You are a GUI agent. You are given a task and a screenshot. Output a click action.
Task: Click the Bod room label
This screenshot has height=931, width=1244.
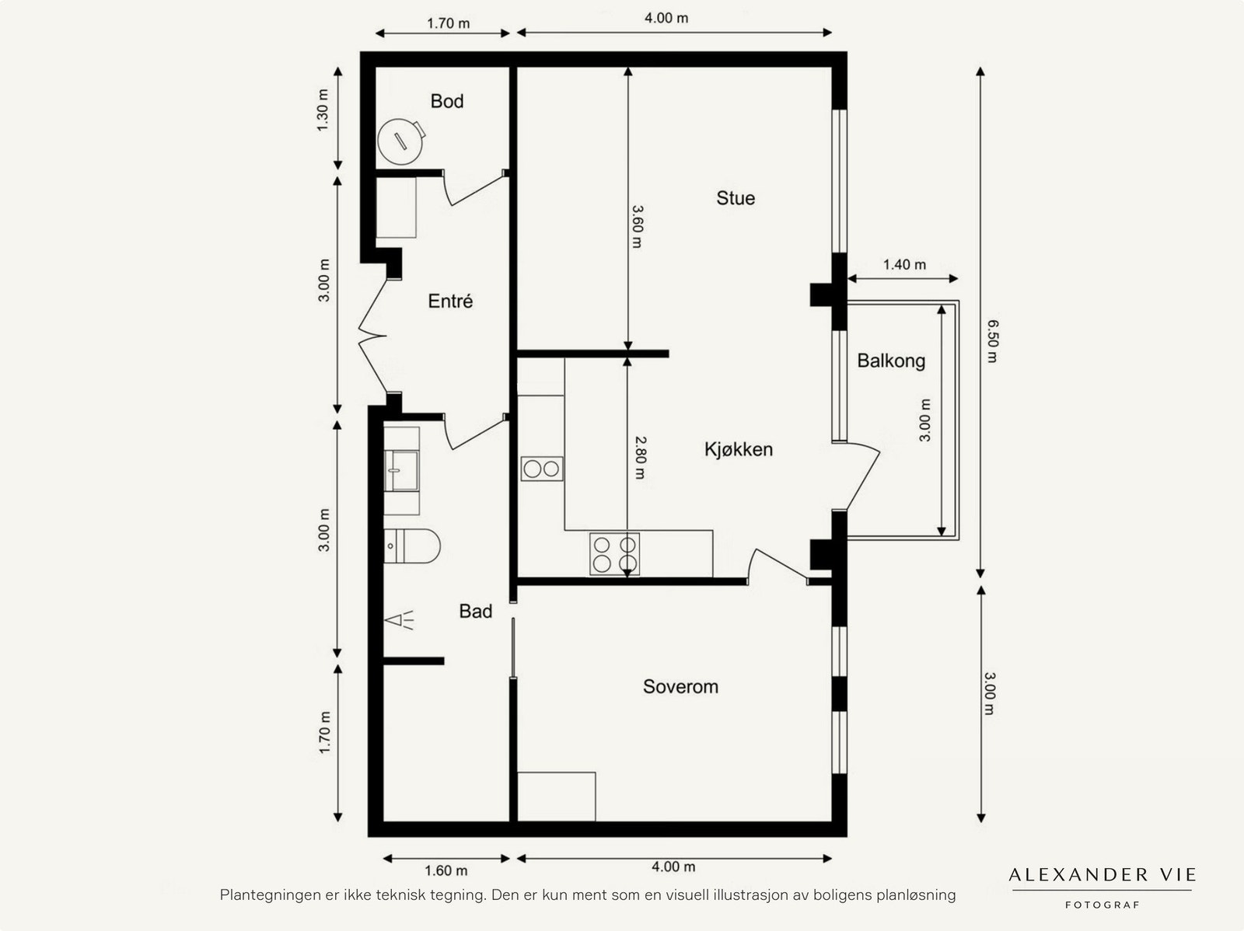(x=447, y=101)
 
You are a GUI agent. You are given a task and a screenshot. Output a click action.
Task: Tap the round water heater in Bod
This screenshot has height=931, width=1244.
(x=400, y=141)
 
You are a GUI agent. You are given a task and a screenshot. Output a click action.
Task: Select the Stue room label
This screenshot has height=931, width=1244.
(x=736, y=198)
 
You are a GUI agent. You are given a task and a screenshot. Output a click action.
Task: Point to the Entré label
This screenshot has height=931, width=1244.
(x=450, y=302)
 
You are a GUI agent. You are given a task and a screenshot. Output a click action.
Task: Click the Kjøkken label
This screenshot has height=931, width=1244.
(x=739, y=449)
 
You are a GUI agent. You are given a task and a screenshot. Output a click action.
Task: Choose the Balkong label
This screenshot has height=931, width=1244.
(x=891, y=361)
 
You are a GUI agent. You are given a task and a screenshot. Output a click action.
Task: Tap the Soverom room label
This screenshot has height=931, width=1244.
(x=680, y=687)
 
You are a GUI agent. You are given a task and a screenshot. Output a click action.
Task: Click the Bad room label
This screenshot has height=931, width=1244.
(x=475, y=612)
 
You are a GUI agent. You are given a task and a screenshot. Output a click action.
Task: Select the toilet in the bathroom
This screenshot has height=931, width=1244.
(x=412, y=546)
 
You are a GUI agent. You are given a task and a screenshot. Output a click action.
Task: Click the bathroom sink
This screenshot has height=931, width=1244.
(x=402, y=471)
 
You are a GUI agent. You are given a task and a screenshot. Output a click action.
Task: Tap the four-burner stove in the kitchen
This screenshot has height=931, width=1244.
(x=614, y=554)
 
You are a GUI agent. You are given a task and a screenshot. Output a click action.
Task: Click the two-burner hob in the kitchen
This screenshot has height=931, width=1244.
(x=542, y=469)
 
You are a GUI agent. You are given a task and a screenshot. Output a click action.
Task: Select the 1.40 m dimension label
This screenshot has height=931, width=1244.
(x=904, y=265)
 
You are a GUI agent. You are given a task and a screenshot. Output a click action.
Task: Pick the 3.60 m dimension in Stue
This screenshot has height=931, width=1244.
(x=637, y=226)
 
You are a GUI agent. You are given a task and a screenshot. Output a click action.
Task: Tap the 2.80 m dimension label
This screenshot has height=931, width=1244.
(x=639, y=457)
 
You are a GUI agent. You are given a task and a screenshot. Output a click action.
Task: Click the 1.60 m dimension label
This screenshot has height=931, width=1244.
(x=446, y=870)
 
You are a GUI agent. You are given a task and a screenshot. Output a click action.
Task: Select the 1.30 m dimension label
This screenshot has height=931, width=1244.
(x=323, y=110)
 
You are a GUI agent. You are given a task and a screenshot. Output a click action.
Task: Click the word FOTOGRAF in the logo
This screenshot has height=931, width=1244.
(x=1102, y=905)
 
